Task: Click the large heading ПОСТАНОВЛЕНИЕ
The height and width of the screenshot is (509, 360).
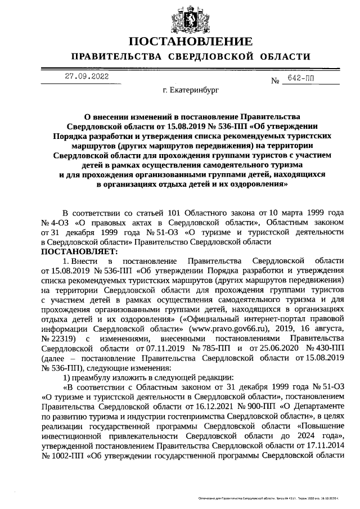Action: (190, 42)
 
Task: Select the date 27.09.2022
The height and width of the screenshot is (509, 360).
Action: (87, 76)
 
